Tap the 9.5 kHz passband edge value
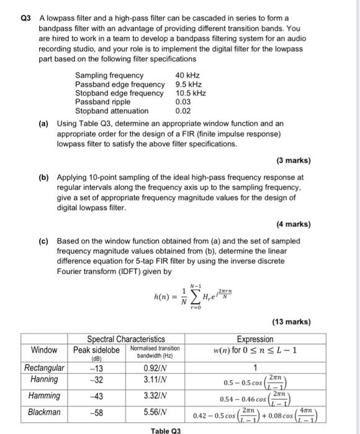(189, 84)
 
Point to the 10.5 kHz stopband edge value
(191, 93)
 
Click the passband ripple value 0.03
(182, 102)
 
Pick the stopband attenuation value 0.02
(182, 111)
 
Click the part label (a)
(44, 123)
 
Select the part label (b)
(44, 177)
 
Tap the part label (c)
(44, 241)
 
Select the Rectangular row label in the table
(44, 368)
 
